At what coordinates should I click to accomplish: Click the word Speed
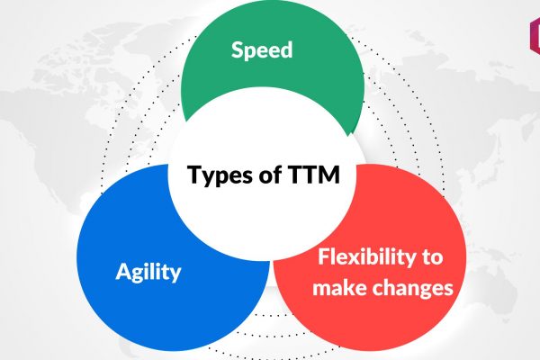pos(262,50)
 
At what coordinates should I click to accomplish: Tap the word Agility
pos(148,272)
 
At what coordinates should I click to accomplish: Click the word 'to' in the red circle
pos(432,257)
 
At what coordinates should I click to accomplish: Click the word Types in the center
pos(220,175)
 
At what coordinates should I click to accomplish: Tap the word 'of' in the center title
pos(271,175)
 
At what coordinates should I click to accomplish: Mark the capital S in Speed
pos(237,50)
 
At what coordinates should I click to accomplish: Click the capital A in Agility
pos(123,272)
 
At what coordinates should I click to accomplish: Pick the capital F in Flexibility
pos(323,257)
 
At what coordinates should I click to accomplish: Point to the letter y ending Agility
pos(175,274)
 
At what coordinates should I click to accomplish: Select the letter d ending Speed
pos(287,49)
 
